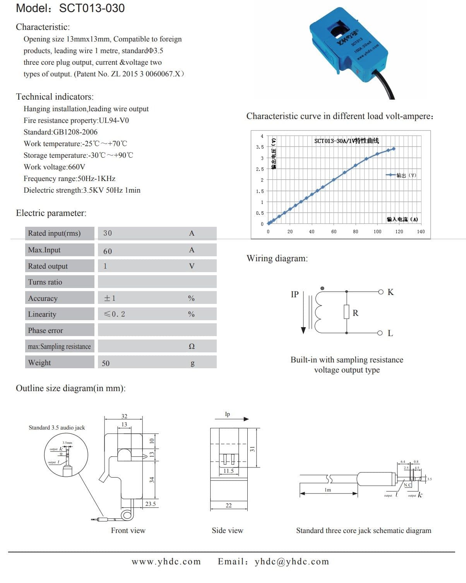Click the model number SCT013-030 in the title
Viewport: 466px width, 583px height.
[92, 8]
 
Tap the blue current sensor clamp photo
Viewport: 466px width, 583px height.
[348, 47]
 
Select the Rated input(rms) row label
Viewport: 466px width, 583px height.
[54, 233]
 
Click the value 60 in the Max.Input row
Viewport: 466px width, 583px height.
[108, 251]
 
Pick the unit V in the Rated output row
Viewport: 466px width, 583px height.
[192, 266]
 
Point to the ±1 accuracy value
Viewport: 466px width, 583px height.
[110, 298]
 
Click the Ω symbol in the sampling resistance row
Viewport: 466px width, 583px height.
[192, 346]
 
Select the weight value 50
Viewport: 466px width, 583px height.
[106, 363]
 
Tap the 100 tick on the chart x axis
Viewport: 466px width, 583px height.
[377, 231]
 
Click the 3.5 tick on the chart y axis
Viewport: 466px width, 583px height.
[260, 147]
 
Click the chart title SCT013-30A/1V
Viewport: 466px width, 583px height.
[346, 141]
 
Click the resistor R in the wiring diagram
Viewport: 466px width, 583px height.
[347, 312]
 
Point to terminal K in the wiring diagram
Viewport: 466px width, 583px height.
[391, 292]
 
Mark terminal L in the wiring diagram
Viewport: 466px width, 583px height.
[390, 333]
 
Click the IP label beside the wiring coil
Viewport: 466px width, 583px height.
[295, 294]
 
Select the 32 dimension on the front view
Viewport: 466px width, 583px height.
[124, 416]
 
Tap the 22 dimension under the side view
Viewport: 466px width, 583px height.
[229, 505]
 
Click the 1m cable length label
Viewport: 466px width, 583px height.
[328, 490]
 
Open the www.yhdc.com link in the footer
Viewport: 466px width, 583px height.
[166, 562]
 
